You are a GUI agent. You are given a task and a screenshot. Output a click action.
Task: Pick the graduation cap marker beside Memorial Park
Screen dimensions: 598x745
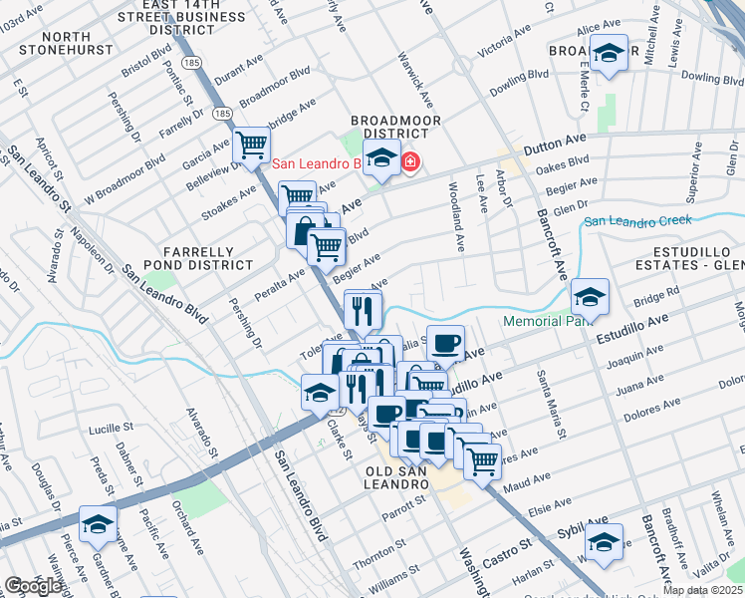click(591, 295)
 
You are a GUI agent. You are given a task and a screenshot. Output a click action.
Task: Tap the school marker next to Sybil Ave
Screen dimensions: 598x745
click(604, 541)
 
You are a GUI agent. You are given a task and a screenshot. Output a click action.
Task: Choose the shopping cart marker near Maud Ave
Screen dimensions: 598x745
click(482, 459)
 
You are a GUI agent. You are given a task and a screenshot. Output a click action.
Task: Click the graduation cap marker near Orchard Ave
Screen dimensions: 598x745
click(99, 523)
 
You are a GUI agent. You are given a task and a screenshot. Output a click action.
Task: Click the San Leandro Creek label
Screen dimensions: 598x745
click(637, 221)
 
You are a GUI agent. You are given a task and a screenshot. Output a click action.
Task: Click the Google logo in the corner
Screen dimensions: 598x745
click(34, 586)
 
